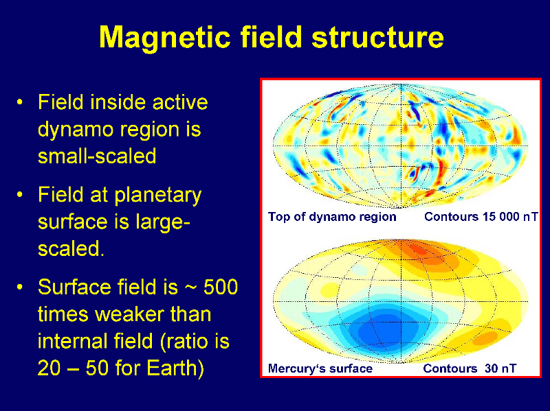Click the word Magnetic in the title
[164, 38]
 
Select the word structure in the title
[377, 37]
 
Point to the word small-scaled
[97, 156]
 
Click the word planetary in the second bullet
[158, 196]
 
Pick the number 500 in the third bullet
[221, 287]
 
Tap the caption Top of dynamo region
[332, 217]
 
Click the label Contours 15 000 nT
[481, 217]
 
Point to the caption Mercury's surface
[320, 368]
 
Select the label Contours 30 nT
[470, 368]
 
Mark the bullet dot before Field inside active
[21, 102]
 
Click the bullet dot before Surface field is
[21, 287]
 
